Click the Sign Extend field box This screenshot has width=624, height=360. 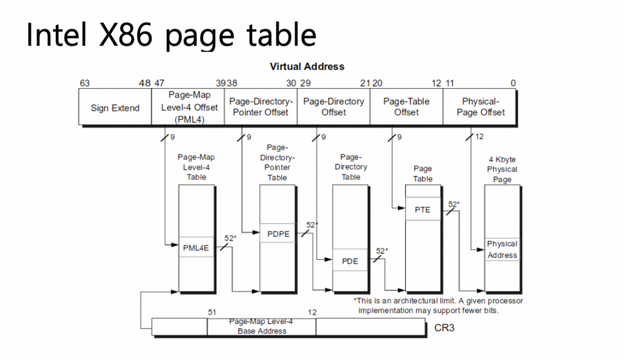(115, 108)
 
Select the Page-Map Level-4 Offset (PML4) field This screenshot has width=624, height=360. (189, 107)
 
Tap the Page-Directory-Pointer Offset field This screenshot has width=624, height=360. (261, 107)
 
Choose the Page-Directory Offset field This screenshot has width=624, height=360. (333, 107)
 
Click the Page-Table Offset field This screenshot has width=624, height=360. (406, 107)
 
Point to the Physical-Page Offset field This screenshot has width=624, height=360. (480, 107)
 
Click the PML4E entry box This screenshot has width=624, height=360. (196, 248)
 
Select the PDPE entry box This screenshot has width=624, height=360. (278, 234)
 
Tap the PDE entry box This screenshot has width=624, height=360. (350, 261)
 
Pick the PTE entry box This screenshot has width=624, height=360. (422, 209)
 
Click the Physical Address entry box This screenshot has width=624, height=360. (502, 249)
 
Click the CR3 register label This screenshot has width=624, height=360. (444, 327)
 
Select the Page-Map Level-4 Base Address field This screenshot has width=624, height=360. (261, 327)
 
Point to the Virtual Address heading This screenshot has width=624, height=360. (307, 67)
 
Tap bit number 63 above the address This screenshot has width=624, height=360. (84, 83)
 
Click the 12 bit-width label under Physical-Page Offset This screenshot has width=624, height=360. (479, 137)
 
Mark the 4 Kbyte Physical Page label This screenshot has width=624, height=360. (502, 169)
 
